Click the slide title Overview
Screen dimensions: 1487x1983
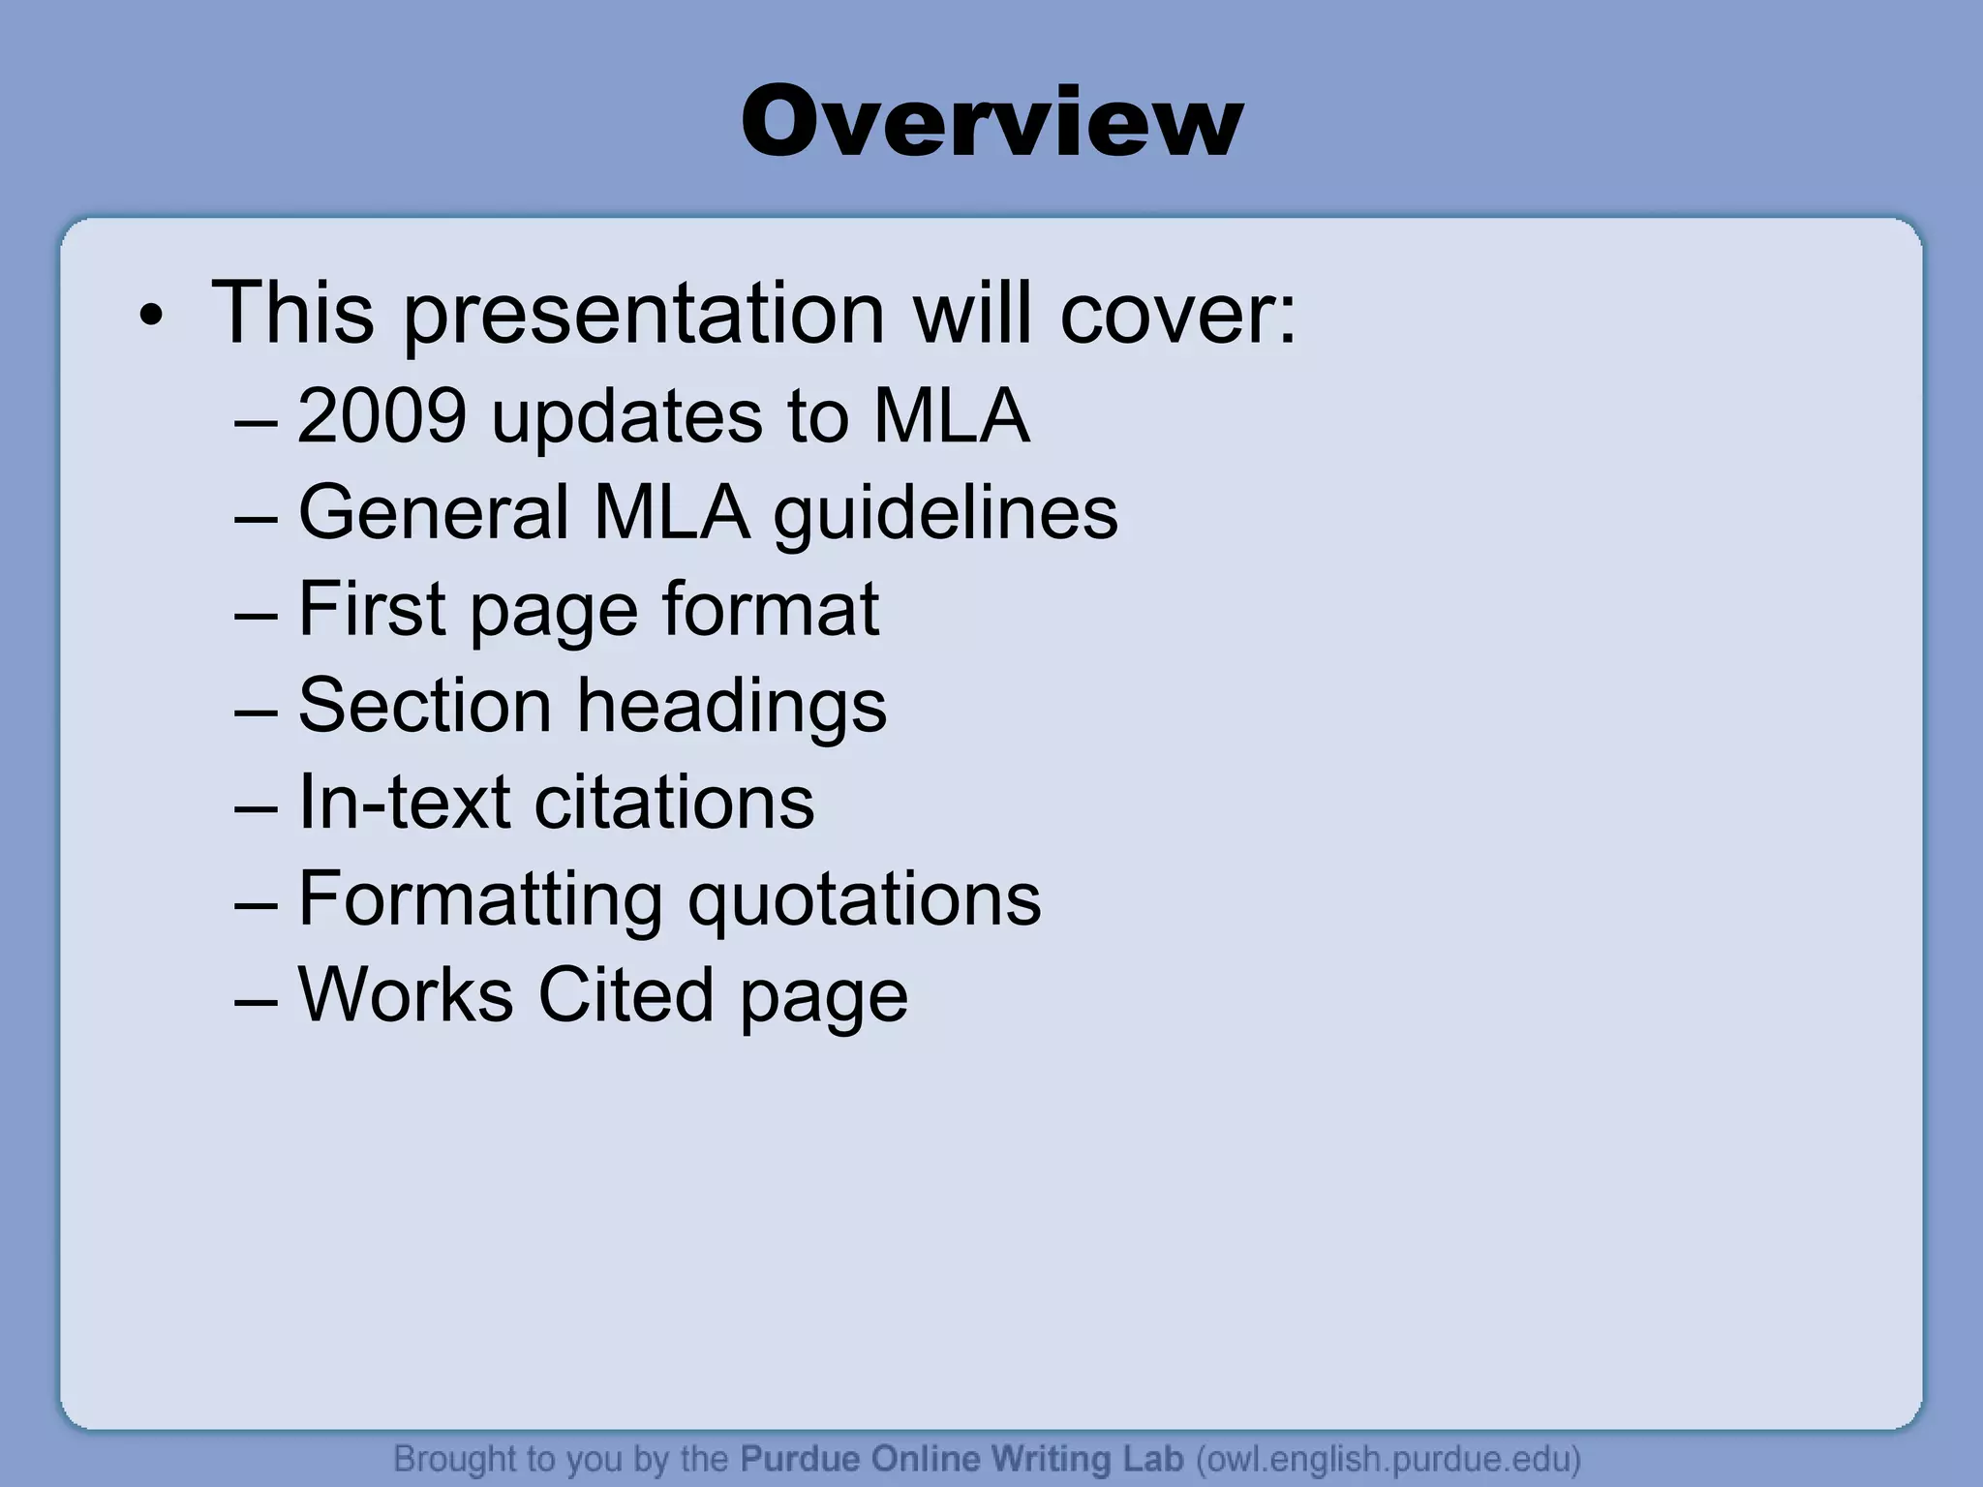click(x=991, y=121)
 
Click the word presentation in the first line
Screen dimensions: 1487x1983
click(x=643, y=315)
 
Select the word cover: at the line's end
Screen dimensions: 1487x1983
click(x=1177, y=315)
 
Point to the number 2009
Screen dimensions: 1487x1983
click(x=381, y=416)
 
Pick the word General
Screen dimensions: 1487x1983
click(x=434, y=512)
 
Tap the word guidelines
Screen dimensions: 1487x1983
click(x=945, y=514)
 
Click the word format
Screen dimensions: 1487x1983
click(x=771, y=609)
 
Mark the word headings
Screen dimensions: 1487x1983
click(x=732, y=707)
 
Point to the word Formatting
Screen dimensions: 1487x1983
click(x=480, y=900)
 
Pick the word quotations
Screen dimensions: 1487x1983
click(x=864, y=900)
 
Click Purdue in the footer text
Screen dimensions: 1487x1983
click(x=800, y=1459)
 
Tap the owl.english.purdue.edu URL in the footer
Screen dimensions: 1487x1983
click(x=1388, y=1459)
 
